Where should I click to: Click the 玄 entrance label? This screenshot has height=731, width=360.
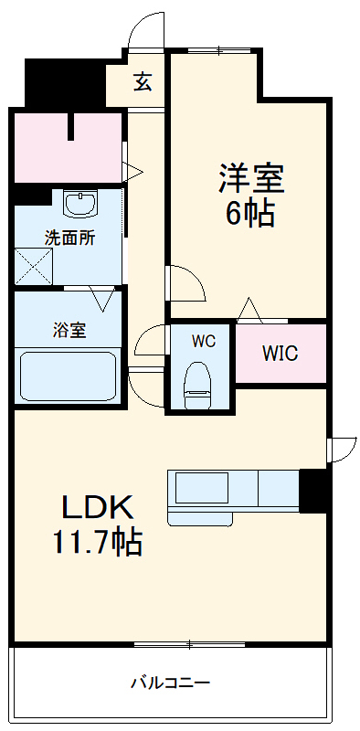click(x=143, y=81)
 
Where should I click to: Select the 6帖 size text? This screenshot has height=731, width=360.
click(x=250, y=213)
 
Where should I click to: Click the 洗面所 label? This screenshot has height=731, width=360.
click(x=69, y=237)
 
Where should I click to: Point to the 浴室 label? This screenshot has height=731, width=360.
click(x=69, y=330)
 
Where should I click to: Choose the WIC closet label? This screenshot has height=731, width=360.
click(x=280, y=354)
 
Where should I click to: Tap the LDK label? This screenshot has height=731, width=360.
click(x=98, y=507)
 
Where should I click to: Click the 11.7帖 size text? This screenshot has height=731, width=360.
click(x=98, y=543)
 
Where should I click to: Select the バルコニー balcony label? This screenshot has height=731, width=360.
click(x=170, y=682)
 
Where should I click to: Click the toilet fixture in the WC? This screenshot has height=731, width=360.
click(x=197, y=385)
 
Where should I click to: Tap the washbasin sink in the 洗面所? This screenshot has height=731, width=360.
click(x=81, y=203)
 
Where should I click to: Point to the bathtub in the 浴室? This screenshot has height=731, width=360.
click(x=69, y=374)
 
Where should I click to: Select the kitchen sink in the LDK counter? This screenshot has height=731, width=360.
click(x=202, y=489)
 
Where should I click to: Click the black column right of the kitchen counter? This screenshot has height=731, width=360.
click(x=313, y=491)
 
